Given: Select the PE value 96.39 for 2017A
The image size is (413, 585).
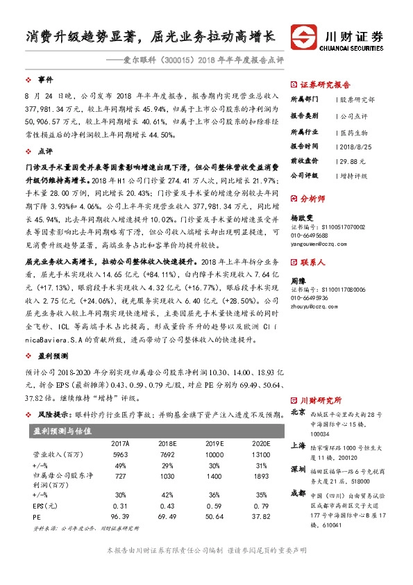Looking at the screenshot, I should click(x=121, y=518).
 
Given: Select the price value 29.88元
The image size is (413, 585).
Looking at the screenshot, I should click(x=351, y=160).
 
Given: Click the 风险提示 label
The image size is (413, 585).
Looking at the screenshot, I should click(x=53, y=414).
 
